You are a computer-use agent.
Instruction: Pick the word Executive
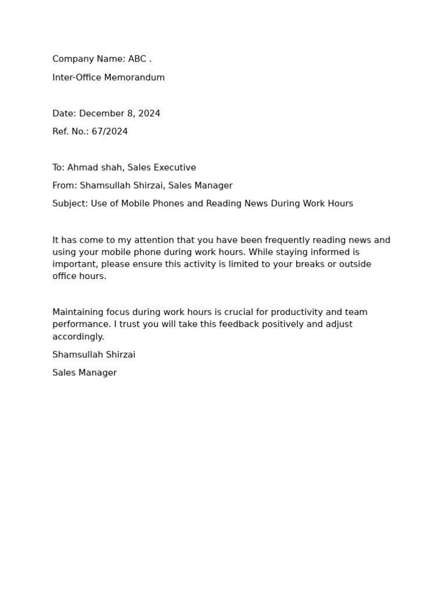coord(174,168)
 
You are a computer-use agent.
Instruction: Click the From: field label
coord(64,186)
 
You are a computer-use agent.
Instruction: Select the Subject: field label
coord(70,204)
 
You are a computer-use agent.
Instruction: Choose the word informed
coord(335,252)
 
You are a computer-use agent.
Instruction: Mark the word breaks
coord(314,265)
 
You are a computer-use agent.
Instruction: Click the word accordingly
coord(78,336)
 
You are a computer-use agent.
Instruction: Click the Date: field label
coord(64,114)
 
